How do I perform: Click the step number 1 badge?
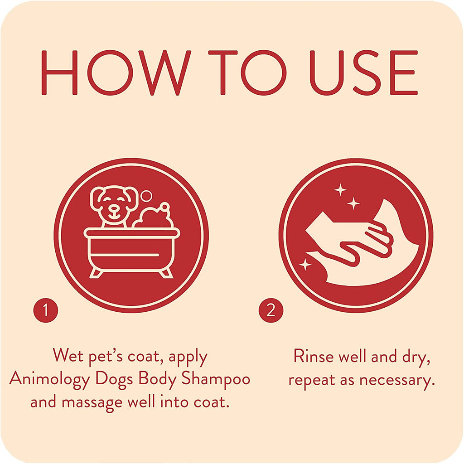click(45, 311)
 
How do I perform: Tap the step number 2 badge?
click(271, 311)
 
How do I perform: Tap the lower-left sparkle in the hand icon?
click(305, 265)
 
